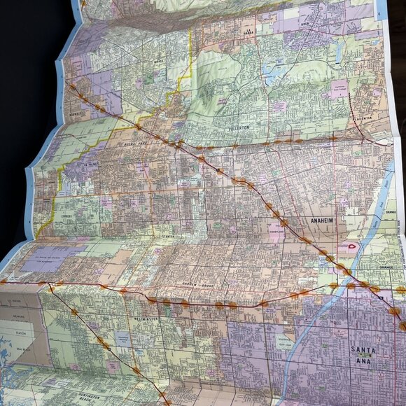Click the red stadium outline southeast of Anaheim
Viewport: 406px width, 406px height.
(348, 246)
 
